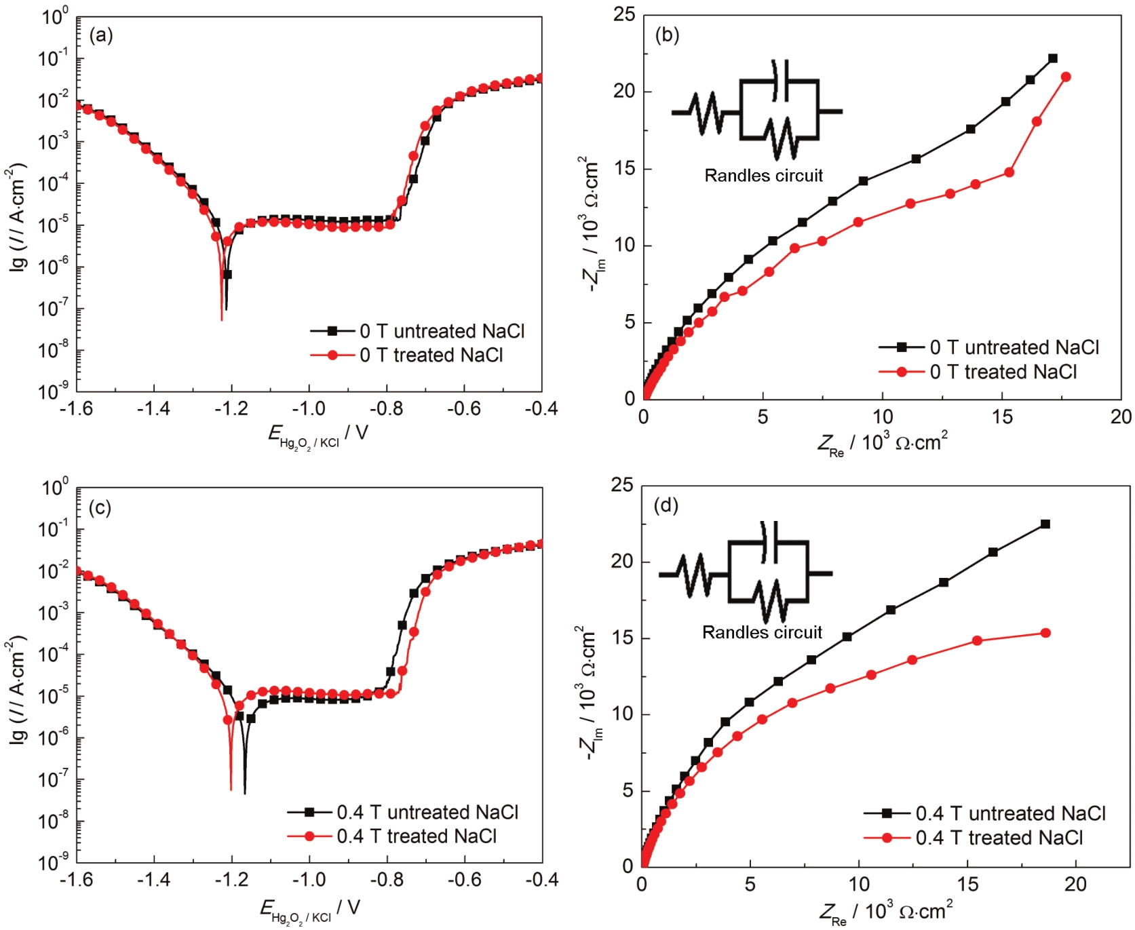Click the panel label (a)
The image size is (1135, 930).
coord(101,35)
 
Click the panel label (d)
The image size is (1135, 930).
coord(666,505)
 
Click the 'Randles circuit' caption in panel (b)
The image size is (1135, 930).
coord(763,176)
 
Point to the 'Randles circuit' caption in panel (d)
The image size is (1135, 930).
coord(762,632)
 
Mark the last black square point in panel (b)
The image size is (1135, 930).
coord(1052,58)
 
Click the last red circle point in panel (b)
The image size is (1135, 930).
coord(1066,77)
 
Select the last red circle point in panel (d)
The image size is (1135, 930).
coord(1045,633)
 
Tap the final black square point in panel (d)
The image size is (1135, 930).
coord(1045,524)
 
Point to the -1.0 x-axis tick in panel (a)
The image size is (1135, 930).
coord(309,408)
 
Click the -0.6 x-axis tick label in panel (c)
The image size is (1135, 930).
coord(464,880)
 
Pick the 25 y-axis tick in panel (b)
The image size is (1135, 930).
coord(623,14)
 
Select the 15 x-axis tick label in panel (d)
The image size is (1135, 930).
coord(967,884)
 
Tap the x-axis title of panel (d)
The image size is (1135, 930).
coord(885,912)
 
